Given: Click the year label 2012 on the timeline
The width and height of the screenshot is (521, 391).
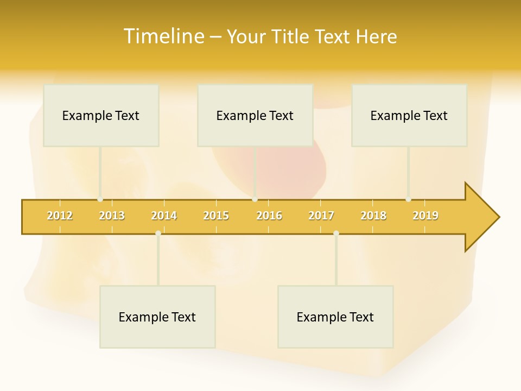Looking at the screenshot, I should [x=60, y=216].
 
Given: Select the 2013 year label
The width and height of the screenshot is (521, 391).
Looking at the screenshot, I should [x=112, y=216].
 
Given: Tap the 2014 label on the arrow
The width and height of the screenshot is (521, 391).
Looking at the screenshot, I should [x=164, y=216].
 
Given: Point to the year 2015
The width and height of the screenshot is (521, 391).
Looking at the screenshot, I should [x=216, y=216].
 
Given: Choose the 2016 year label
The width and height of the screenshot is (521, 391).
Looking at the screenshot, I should [x=269, y=216].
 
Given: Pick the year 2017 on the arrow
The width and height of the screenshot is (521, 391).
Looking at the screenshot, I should [x=321, y=216].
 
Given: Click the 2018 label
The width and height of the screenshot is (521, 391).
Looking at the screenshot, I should [x=373, y=216].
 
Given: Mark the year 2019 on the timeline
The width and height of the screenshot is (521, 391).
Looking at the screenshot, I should [x=425, y=216].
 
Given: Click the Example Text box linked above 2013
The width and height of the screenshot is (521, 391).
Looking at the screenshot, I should [x=101, y=115].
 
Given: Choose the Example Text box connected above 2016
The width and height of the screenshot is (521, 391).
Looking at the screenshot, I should [x=255, y=115].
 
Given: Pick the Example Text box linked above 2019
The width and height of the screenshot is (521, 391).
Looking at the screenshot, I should [x=409, y=115].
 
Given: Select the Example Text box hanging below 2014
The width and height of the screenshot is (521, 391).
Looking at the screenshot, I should [x=157, y=317].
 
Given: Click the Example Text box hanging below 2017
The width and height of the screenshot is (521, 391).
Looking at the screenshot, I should [x=335, y=317].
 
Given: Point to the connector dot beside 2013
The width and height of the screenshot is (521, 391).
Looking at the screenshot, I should [x=100, y=199].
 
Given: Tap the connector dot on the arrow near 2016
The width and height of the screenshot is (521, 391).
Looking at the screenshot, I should [x=255, y=199].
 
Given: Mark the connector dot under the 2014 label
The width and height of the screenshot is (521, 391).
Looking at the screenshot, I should [x=158, y=234].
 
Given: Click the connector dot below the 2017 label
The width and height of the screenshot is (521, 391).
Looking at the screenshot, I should [x=336, y=234].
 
